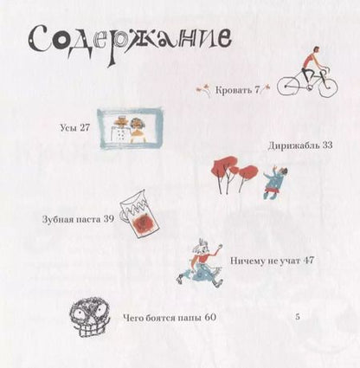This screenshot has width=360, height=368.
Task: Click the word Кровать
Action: point(234,90)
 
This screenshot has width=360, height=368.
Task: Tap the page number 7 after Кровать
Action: point(257,90)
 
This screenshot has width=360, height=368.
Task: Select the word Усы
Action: point(68,127)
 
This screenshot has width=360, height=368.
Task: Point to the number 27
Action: point(85,127)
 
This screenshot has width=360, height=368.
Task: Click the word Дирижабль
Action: point(293,145)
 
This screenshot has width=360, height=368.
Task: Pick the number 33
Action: point(327,145)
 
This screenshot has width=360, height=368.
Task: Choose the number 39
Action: point(109,219)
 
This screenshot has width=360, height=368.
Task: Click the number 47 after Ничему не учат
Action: point(308,261)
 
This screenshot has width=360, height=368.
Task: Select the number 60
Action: point(210,318)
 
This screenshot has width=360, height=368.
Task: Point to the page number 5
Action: point(298,317)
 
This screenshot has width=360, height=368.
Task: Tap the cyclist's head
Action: point(317,51)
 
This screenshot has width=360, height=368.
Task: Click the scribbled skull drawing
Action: point(90,318)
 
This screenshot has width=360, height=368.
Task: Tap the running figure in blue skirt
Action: point(200,263)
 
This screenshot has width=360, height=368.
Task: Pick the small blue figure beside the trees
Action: point(275,183)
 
